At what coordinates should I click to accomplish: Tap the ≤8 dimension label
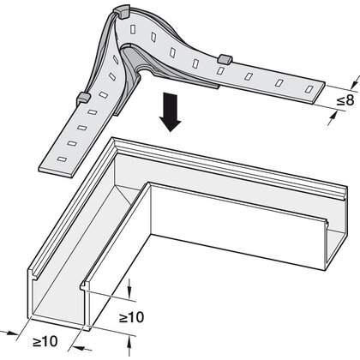345,100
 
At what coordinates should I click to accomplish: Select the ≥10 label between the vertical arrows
131,317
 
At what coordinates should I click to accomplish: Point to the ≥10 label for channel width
45,341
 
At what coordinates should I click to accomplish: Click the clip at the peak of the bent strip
122,11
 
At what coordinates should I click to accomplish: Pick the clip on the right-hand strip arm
225,59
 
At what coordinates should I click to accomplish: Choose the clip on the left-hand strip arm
83,99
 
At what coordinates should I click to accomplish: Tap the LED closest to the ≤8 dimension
309,89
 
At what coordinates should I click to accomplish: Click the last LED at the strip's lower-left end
62,159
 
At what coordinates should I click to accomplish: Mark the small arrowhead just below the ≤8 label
332,117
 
